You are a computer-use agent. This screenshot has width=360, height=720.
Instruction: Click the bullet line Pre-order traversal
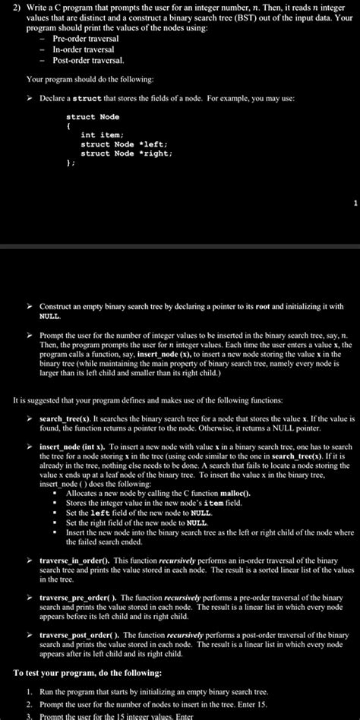(86, 38)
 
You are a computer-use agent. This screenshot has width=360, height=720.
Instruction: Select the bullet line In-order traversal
(83, 49)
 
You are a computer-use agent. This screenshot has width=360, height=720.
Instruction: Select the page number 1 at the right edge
(354, 204)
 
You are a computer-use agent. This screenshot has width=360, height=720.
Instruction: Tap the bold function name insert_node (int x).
(74, 447)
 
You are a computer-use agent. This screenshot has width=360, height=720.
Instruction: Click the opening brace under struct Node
(68, 126)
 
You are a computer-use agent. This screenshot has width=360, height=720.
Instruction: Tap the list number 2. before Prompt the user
(30, 703)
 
